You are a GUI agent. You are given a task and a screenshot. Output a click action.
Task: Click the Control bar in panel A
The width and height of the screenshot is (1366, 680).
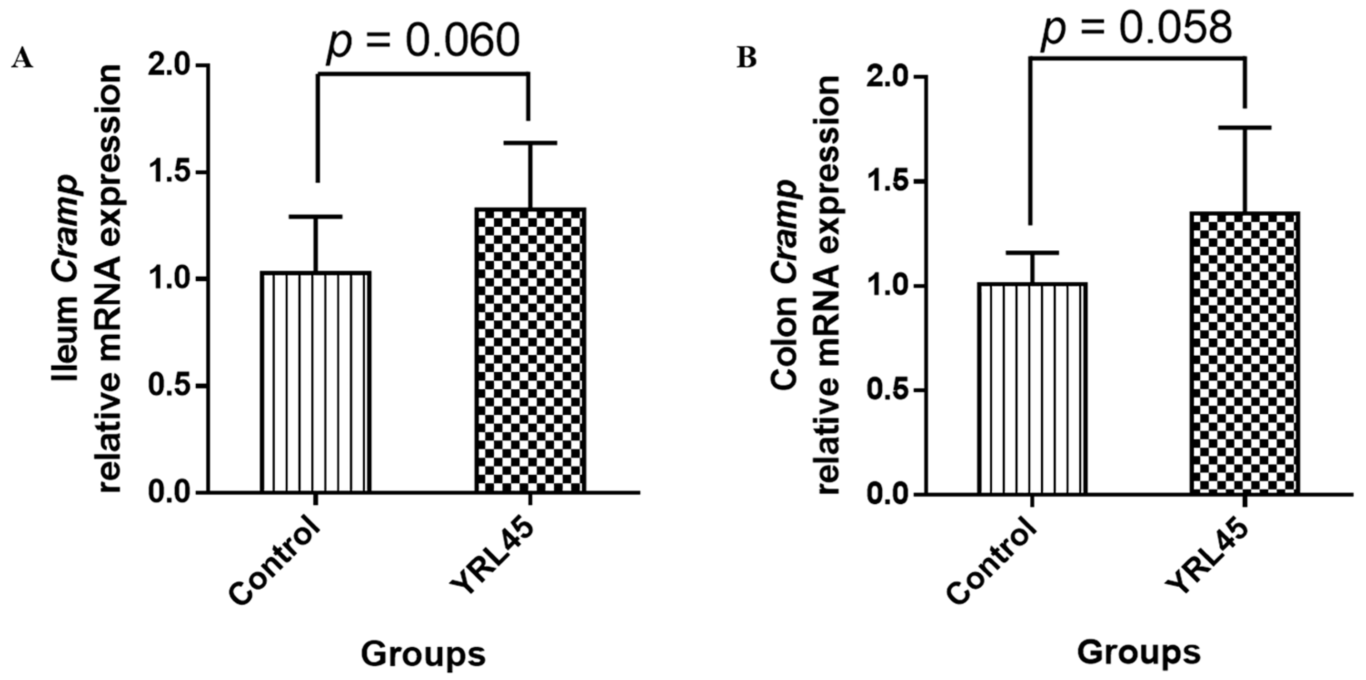point(316,382)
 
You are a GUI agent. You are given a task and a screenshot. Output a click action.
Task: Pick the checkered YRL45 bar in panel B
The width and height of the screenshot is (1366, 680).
point(1245,353)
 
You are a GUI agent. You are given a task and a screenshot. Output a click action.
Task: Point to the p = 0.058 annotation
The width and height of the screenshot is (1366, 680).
point(1136,26)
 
